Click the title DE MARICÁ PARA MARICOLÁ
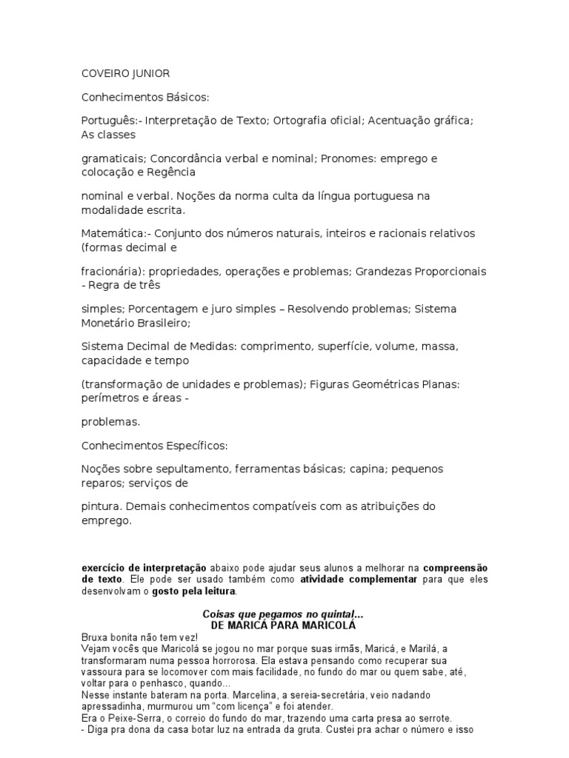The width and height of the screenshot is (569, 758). [x=284, y=625]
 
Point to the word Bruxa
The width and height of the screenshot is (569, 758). [x=94, y=637]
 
